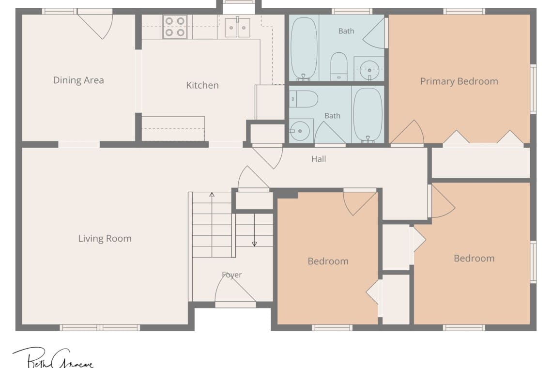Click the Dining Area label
(x=78, y=80)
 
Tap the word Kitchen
(x=202, y=85)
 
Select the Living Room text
(x=105, y=238)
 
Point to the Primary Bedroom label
(x=459, y=81)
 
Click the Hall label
(x=319, y=159)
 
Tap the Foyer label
(x=232, y=275)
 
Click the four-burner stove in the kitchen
(x=175, y=27)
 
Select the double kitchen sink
(x=238, y=28)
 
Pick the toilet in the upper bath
(x=338, y=66)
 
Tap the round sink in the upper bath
(x=369, y=69)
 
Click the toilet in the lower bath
(x=304, y=99)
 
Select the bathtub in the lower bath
(x=368, y=115)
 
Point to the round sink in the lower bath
(x=299, y=131)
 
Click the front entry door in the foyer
(x=235, y=290)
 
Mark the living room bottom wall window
(x=100, y=328)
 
